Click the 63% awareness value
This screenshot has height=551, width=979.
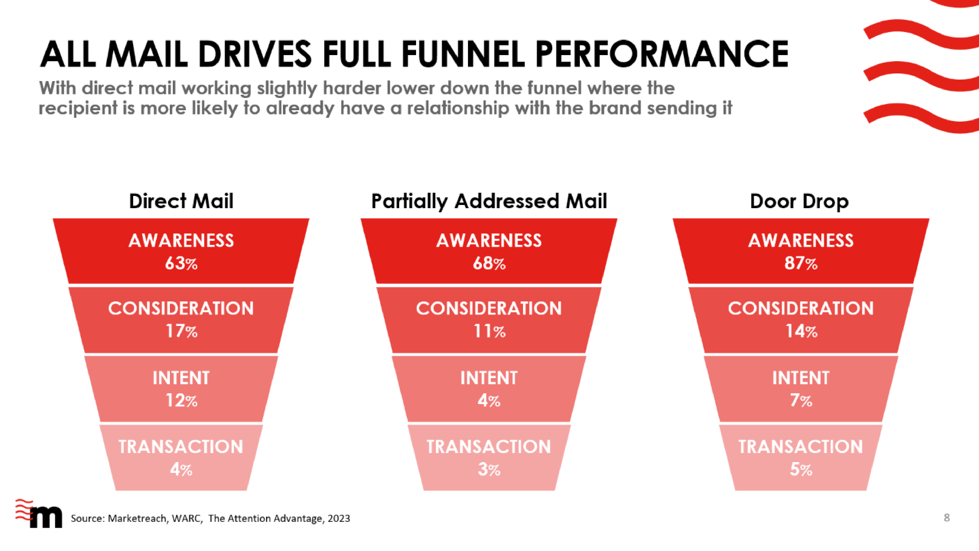[x=181, y=263]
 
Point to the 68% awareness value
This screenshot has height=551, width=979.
[x=489, y=263]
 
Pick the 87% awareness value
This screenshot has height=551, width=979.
[x=801, y=263]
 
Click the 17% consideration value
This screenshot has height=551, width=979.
[x=181, y=331]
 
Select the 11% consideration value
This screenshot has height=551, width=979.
[x=489, y=331]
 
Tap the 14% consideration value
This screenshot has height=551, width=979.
[x=801, y=331]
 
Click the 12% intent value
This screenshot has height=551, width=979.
[x=181, y=400]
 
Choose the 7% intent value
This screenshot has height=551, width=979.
[x=801, y=400]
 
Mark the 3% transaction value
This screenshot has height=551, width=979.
[x=489, y=470]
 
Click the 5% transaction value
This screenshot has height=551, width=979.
[x=801, y=470]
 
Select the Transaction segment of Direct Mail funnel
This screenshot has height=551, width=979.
[x=181, y=457]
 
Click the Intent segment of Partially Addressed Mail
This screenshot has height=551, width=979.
[x=489, y=389]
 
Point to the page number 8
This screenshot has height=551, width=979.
[x=947, y=517]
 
